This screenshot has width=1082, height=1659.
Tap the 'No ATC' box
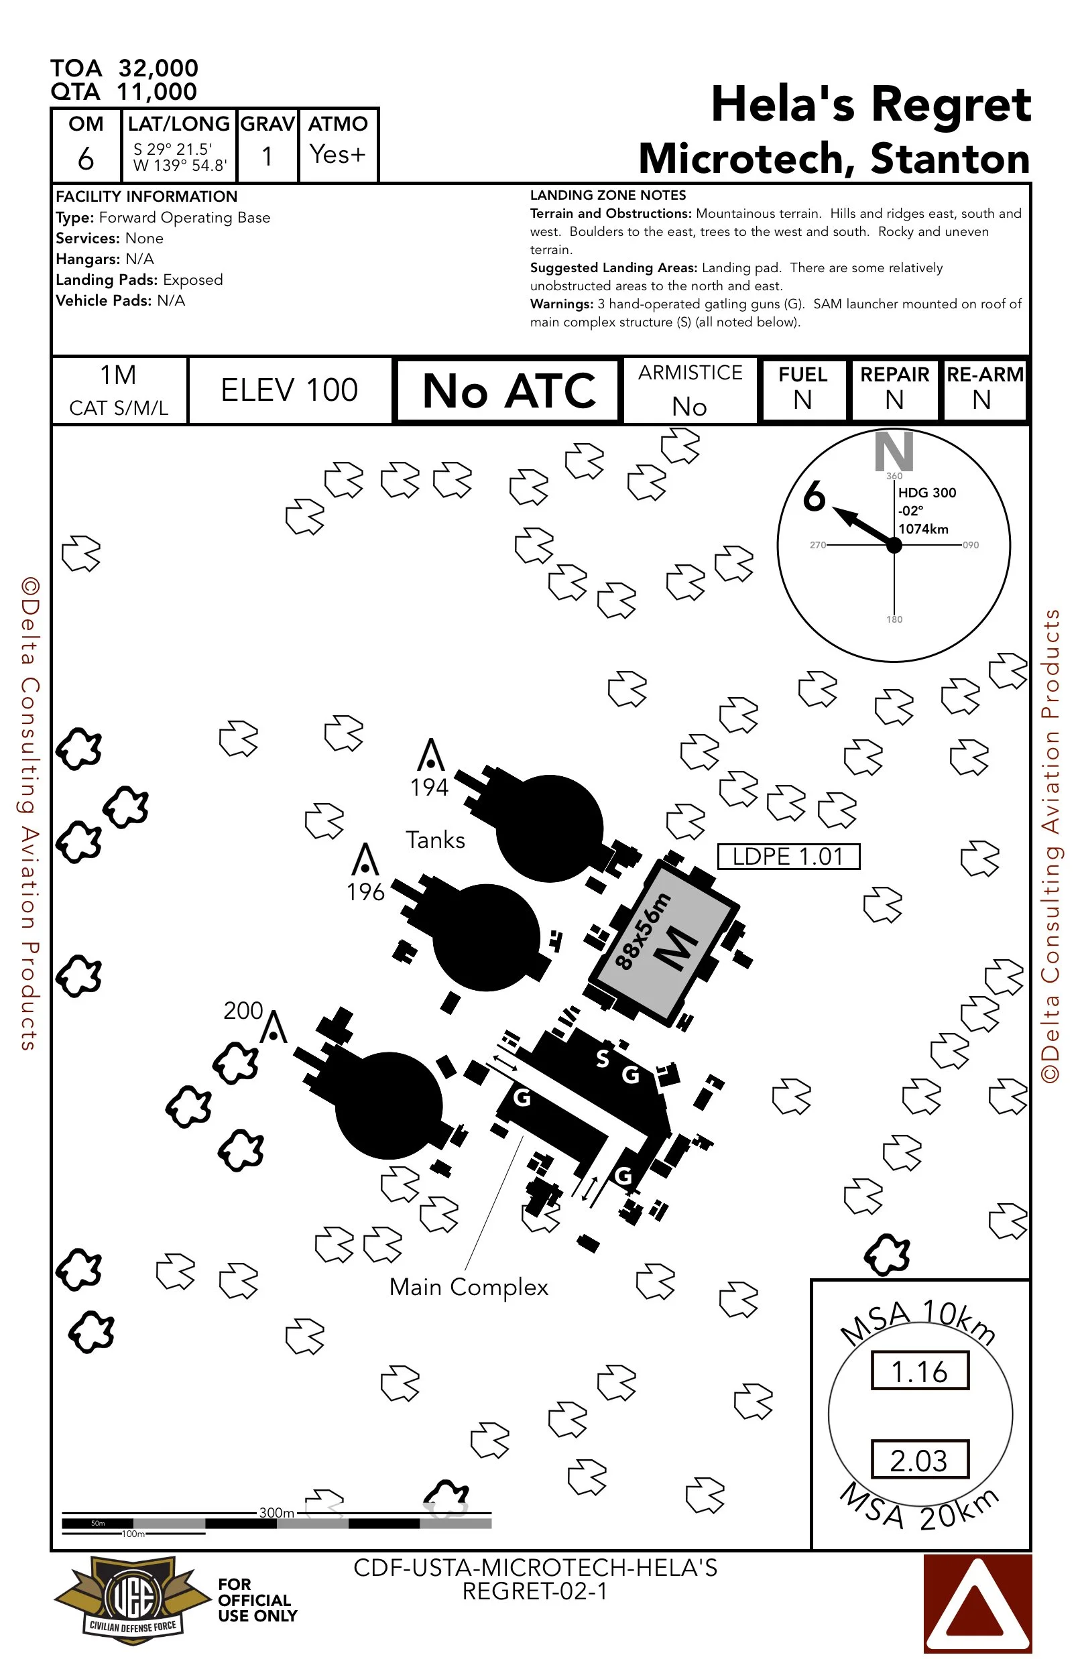pos(508,390)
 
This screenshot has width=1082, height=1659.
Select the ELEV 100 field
pos(290,390)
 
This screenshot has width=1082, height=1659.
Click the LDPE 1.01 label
pos(788,856)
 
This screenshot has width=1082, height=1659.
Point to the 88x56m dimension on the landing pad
pos(642,930)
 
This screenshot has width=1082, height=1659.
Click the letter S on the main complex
pos(603,1058)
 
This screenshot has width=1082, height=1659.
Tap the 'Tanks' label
pos(435,840)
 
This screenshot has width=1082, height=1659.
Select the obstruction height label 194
pos(429,787)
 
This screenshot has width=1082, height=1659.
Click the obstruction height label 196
pos(365,892)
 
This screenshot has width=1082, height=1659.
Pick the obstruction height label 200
pos(243,1010)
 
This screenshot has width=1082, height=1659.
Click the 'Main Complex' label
pos(469,1287)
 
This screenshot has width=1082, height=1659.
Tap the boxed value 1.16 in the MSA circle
pos(920,1372)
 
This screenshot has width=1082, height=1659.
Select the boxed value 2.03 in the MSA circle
pos(920,1461)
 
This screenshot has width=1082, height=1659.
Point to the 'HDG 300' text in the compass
pos(926,493)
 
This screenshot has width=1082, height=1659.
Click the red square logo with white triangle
pos(977,1603)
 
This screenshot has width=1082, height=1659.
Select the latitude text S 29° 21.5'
pos(172,149)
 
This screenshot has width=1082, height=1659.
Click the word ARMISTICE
pos(690,373)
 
